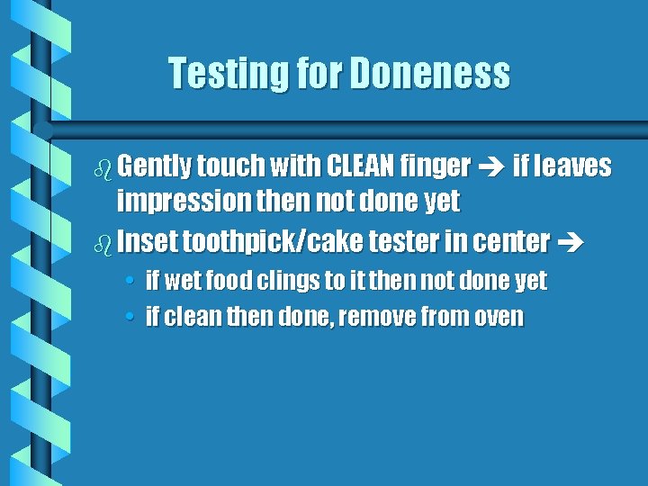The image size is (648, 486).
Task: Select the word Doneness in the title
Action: click(x=429, y=74)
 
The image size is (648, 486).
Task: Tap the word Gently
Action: click(x=153, y=166)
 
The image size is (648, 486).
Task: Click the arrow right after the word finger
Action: click(x=491, y=167)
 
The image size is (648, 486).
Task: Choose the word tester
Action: click(x=400, y=242)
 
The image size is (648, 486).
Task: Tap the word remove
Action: click(x=413, y=318)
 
